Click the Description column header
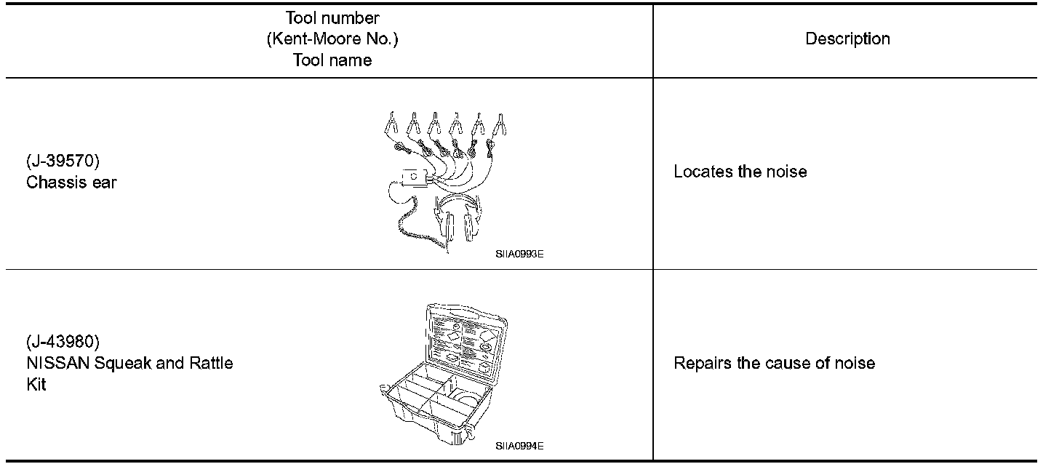point(847,39)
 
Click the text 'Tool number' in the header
point(332,17)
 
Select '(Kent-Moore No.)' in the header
point(332,39)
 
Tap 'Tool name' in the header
point(332,60)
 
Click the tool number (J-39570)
point(63,161)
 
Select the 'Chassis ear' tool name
point(71,183)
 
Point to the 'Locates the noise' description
point(740,172)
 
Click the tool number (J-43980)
point(63,341)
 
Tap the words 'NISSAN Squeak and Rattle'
point(129,363)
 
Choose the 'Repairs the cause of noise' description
point(774,363)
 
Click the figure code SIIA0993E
point(519,255)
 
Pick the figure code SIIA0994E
point(519,445)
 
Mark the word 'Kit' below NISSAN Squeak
point(36,385)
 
